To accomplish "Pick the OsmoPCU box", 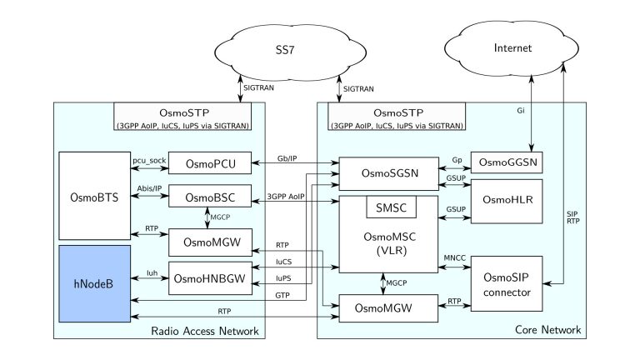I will (204, 164).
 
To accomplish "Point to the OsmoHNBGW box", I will (209, 277).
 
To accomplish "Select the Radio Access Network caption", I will (206, 332).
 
